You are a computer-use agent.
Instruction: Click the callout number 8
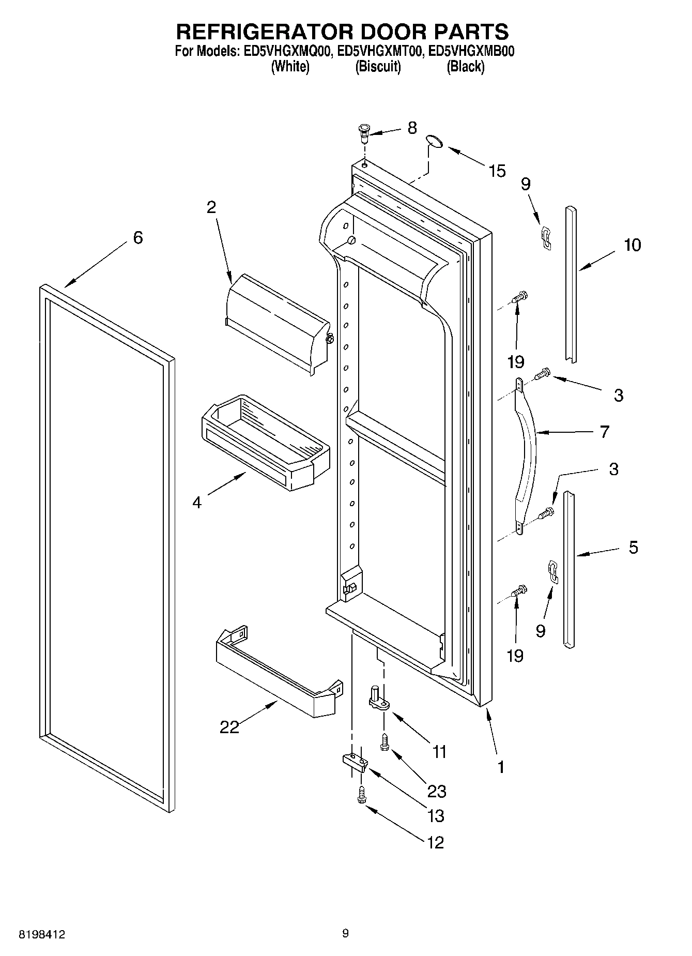pyautogui.click(x=412, y=128)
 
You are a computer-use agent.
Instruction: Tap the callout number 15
pyautogui.click(x=497, y=171)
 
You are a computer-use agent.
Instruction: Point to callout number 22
pyautogui.click(x=229, y=727)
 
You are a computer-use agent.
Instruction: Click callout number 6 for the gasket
pyautogui.click(x=137, y=238)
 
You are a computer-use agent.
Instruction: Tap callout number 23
pyautogui.click(x=437, y=791)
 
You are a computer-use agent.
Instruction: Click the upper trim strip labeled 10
pyautogui.click(x=571, y=284)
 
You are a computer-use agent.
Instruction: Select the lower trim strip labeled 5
pyautogui.click(x=568, y=569)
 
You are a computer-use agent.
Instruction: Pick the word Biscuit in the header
pyautogui.click(x=378, y=67)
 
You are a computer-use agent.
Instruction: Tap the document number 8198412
pyautogui.click(x=42, y=934)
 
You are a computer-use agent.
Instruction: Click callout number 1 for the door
pyautogui.click(x=500, y=766)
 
